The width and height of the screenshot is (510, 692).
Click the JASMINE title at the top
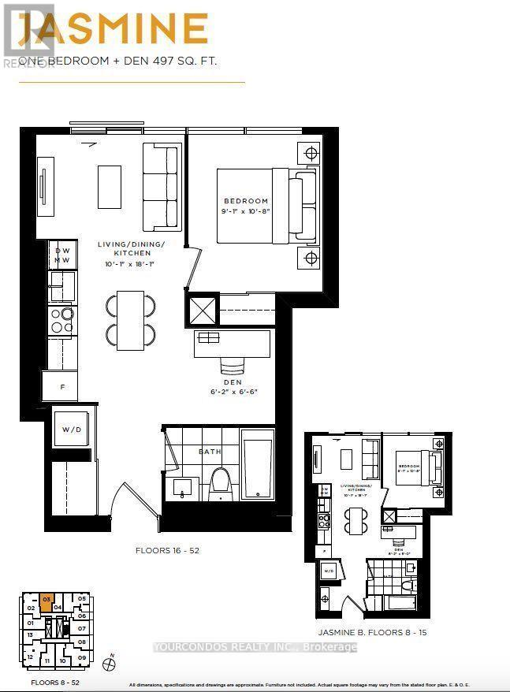click(114, 31)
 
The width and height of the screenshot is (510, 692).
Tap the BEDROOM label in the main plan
click(244, 201)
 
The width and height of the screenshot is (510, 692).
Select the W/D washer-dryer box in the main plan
click(73, 430)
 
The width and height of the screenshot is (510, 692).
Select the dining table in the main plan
click(131, 320)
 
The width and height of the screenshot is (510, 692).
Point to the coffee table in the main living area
click(109, 186)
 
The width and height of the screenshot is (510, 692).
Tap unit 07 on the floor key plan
click(81, 628)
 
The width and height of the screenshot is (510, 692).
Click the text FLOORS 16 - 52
click(167, 551)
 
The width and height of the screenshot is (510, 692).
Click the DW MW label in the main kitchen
click(62, 255)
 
